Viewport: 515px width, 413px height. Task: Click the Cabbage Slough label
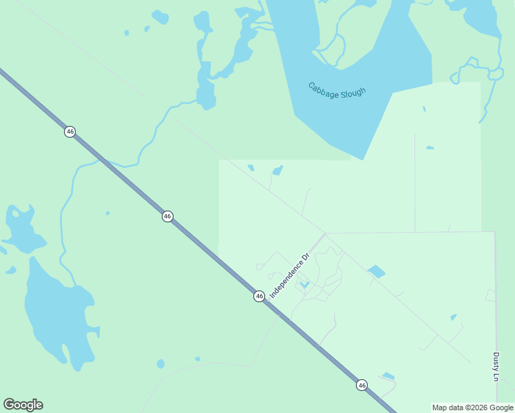337,90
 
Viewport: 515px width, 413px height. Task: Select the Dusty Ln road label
496,367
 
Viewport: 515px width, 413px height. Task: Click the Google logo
23,405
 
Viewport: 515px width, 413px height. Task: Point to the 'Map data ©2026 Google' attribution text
472,407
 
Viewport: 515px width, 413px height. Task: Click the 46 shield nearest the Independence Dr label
259,296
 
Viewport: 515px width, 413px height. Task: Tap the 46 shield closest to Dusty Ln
361,385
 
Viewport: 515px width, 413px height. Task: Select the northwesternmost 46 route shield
70,131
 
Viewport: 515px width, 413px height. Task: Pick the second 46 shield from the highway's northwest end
167,216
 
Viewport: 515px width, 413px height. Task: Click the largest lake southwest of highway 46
59,310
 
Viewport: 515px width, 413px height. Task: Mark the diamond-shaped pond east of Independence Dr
377,271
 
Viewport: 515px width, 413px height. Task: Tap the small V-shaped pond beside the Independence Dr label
304,284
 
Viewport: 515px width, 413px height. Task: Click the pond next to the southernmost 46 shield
388,376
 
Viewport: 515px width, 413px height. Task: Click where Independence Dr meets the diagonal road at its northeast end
324,234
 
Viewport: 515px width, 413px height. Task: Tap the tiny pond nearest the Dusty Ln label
453,317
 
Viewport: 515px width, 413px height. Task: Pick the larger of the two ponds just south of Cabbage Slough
277,170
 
